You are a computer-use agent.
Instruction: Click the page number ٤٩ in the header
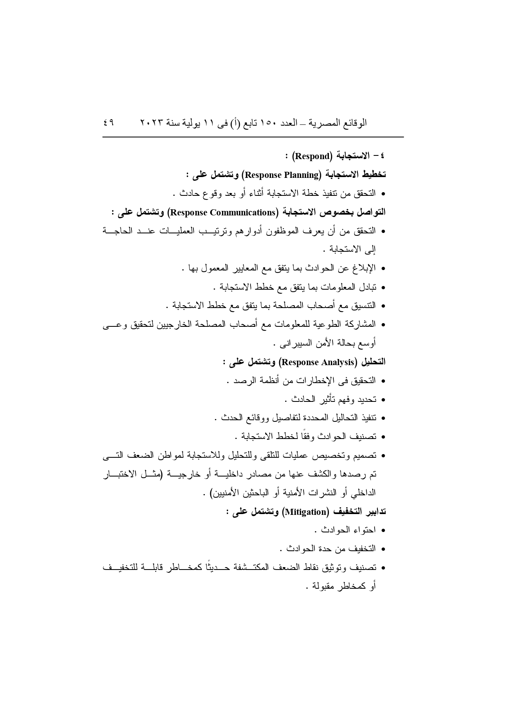click(109, 122)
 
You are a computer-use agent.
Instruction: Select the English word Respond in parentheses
click(312, 156)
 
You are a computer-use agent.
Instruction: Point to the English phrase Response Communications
click(224, 212)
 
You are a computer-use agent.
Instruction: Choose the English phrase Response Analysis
click(317, 362)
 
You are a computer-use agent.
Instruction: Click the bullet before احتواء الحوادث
click(383, 530)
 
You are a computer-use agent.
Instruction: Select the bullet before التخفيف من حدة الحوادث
click(383, 549)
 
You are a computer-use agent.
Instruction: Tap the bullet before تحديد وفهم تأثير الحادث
click(383, 399)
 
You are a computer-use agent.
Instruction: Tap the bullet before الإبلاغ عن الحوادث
click(383, 268)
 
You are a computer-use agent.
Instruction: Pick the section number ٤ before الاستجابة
click(382, 156)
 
